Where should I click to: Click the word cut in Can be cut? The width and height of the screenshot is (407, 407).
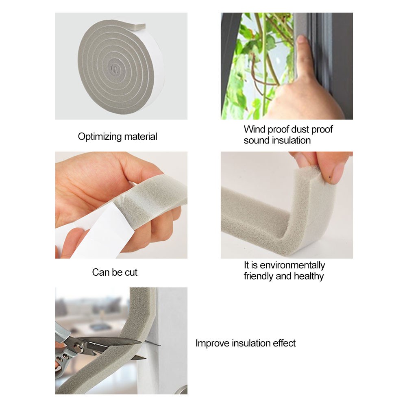(131, 272)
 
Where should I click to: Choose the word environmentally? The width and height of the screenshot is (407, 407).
(292, 265)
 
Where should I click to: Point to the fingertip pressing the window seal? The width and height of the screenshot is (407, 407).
(301, 41)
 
